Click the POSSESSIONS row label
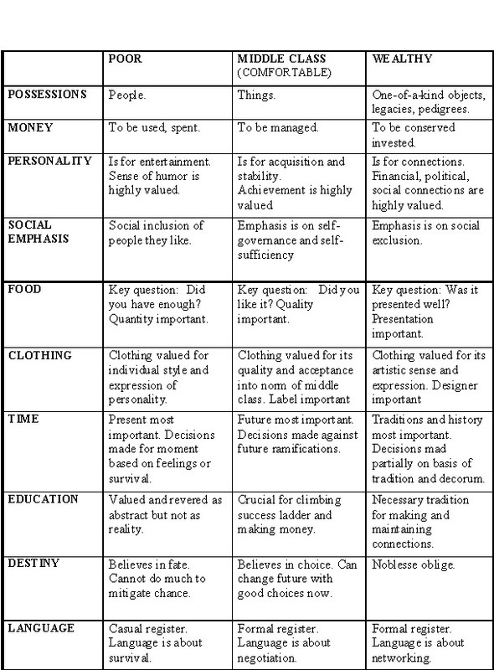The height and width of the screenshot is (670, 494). [47, 95]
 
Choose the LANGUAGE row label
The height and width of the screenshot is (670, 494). [39, 627]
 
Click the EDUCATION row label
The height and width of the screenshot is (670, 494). [43, 500]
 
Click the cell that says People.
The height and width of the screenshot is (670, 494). [126, 95]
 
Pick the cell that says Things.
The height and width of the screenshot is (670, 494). [256, 95]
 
